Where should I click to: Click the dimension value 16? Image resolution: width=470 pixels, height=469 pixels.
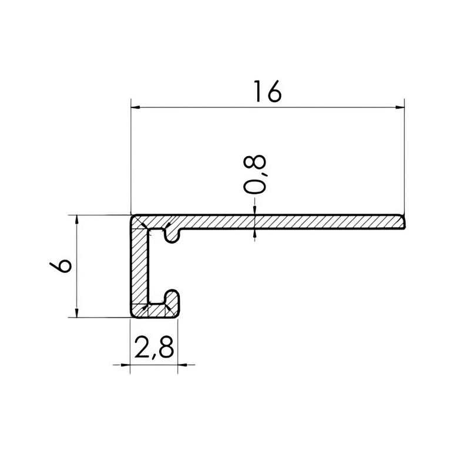click(268, 92)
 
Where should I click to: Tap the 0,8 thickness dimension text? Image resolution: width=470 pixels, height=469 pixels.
click(254, 174)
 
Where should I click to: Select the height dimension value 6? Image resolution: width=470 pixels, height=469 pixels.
click(61, 266)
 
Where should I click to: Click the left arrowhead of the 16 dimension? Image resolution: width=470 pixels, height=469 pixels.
click(136, 107)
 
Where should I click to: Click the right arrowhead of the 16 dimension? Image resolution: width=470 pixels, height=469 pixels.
click(400, 107)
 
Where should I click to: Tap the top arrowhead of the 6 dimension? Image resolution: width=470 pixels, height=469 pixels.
click(77, 220)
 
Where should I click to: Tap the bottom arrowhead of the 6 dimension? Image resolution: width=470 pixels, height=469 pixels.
click(77, 313)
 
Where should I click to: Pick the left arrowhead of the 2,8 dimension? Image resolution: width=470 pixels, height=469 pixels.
click(125, 365)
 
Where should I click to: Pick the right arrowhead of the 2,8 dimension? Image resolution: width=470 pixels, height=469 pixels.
click(182, 365)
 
